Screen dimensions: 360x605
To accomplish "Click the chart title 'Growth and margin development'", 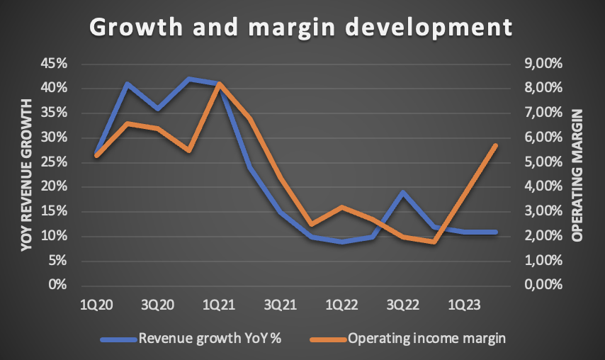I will coord(300,26).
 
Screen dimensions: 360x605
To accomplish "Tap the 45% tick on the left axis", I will coord(55,64).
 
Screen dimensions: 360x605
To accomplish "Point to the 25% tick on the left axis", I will coord(55,162).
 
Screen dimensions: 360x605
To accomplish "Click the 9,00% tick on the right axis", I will coord(541,64).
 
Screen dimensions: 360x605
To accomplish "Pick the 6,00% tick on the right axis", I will coord(541,137).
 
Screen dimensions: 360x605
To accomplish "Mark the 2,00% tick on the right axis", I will coord(541,236).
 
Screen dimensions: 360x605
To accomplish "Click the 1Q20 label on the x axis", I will coord(96,305).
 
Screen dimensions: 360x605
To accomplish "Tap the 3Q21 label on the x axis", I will coord(280,305).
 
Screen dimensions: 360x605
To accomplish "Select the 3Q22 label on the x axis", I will coord(402,305).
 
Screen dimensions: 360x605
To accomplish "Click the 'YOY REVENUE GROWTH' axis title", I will coord(26,174).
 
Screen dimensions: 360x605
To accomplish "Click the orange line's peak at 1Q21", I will coord(219,84).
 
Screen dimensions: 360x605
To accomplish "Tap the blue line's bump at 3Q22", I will coord(403,192).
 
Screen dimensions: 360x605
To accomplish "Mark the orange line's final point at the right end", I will coord(496,145).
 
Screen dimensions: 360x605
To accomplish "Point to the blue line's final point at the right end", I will coord(496,232).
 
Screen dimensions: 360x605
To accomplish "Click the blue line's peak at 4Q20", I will coord(188,79).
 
